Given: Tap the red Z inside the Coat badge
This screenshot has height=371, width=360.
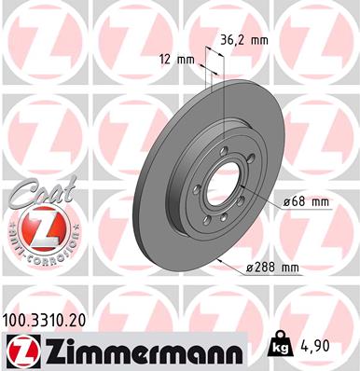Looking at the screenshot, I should (x=35, y=228).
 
